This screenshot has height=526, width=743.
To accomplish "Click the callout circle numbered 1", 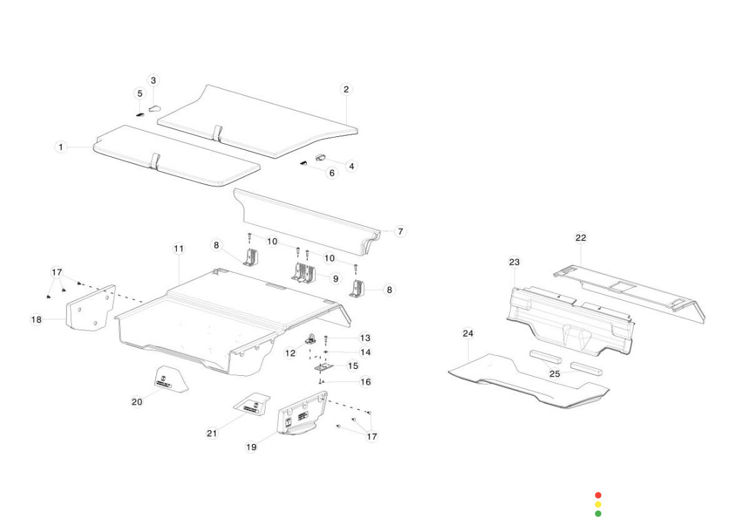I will point(61,147).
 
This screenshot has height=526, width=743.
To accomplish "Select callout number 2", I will point(346,89).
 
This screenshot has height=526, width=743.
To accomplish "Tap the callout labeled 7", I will point(400,231).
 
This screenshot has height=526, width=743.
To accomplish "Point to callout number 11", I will point(179,248).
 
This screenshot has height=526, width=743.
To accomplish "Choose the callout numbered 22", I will point(581,238).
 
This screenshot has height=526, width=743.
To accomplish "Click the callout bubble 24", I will point(468,334).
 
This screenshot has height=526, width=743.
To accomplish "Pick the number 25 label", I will point(554,374).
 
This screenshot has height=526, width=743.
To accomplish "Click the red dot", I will point(598,495).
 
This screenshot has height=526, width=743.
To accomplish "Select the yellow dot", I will point(598,505).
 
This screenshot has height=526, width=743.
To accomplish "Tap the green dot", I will point(598,514).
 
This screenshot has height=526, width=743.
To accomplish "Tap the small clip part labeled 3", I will point(154,107).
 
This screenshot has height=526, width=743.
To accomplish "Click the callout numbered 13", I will point(365,338).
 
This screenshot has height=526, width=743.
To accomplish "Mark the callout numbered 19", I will point(252,447).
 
